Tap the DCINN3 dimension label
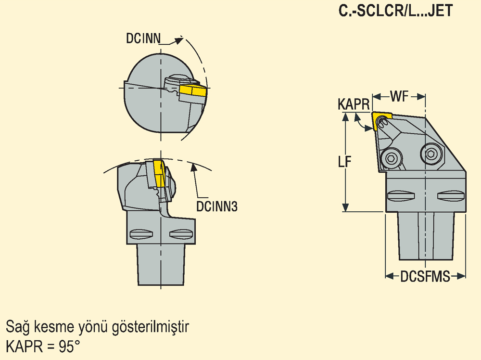pyautogui.click(x=217, y=206)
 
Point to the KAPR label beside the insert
pyautogui.click(x=353, y=104)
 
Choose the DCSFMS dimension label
pyautogui.click(x=425, y=276)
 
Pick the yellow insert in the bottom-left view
pyautogui.click(x=159, y=173)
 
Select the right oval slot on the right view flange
pyautogui.click(x=451, y=196)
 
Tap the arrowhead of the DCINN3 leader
pyautogui.click(x=193, y=167)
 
